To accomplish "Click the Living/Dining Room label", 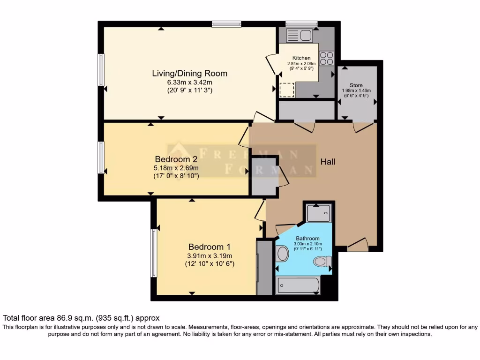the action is click(189, 74).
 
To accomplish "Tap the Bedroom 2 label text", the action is click(176, 159).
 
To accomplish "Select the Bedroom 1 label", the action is click(210, 247).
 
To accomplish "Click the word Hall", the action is click(328, 162).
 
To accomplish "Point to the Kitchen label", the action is click(301, 58).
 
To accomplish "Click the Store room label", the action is click(356, 85).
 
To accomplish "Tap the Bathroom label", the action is click(307, 238).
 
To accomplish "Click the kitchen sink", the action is click(299, 36).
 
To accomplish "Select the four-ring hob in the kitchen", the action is click(326, 58).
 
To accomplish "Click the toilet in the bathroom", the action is click(322, 262).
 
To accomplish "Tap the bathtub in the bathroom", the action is click(298, 285).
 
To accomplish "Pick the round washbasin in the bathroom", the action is click(282, 254).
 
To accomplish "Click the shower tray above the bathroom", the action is click(319, 213).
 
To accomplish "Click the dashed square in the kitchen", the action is click(287, 90).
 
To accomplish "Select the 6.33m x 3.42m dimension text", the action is click(189, 82).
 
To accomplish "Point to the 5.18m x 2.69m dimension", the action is click(176, 168).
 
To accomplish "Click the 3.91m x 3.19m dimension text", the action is click(210, 255).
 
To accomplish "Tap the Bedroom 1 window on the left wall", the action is click(154, 253).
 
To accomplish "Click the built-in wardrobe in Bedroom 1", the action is click(264, 267).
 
